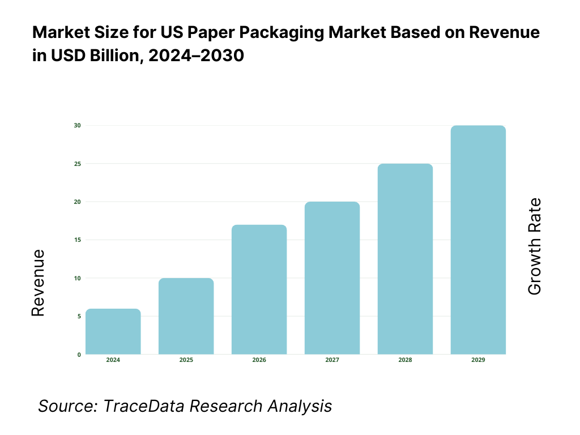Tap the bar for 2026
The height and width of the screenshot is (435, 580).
coord(259,289)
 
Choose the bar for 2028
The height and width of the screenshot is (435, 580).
coord(405,259)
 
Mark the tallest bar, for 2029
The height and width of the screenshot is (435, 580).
coord(478,240)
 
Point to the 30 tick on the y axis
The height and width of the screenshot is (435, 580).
coord(77,125)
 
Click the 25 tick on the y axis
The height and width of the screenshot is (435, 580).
coord(77,164)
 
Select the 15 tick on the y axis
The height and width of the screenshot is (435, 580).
coord(77,240)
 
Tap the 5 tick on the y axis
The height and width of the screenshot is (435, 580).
coord(79,317)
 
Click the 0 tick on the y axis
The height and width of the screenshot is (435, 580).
coord(79,355)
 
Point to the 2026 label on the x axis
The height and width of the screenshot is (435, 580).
coord(259,360)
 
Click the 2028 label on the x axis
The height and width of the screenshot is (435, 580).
coord(405,360)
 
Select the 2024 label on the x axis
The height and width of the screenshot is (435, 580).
coord(113,360)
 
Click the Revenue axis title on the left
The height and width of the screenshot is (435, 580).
coord(38,283)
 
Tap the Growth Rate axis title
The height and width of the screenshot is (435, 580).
coord(534,246)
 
